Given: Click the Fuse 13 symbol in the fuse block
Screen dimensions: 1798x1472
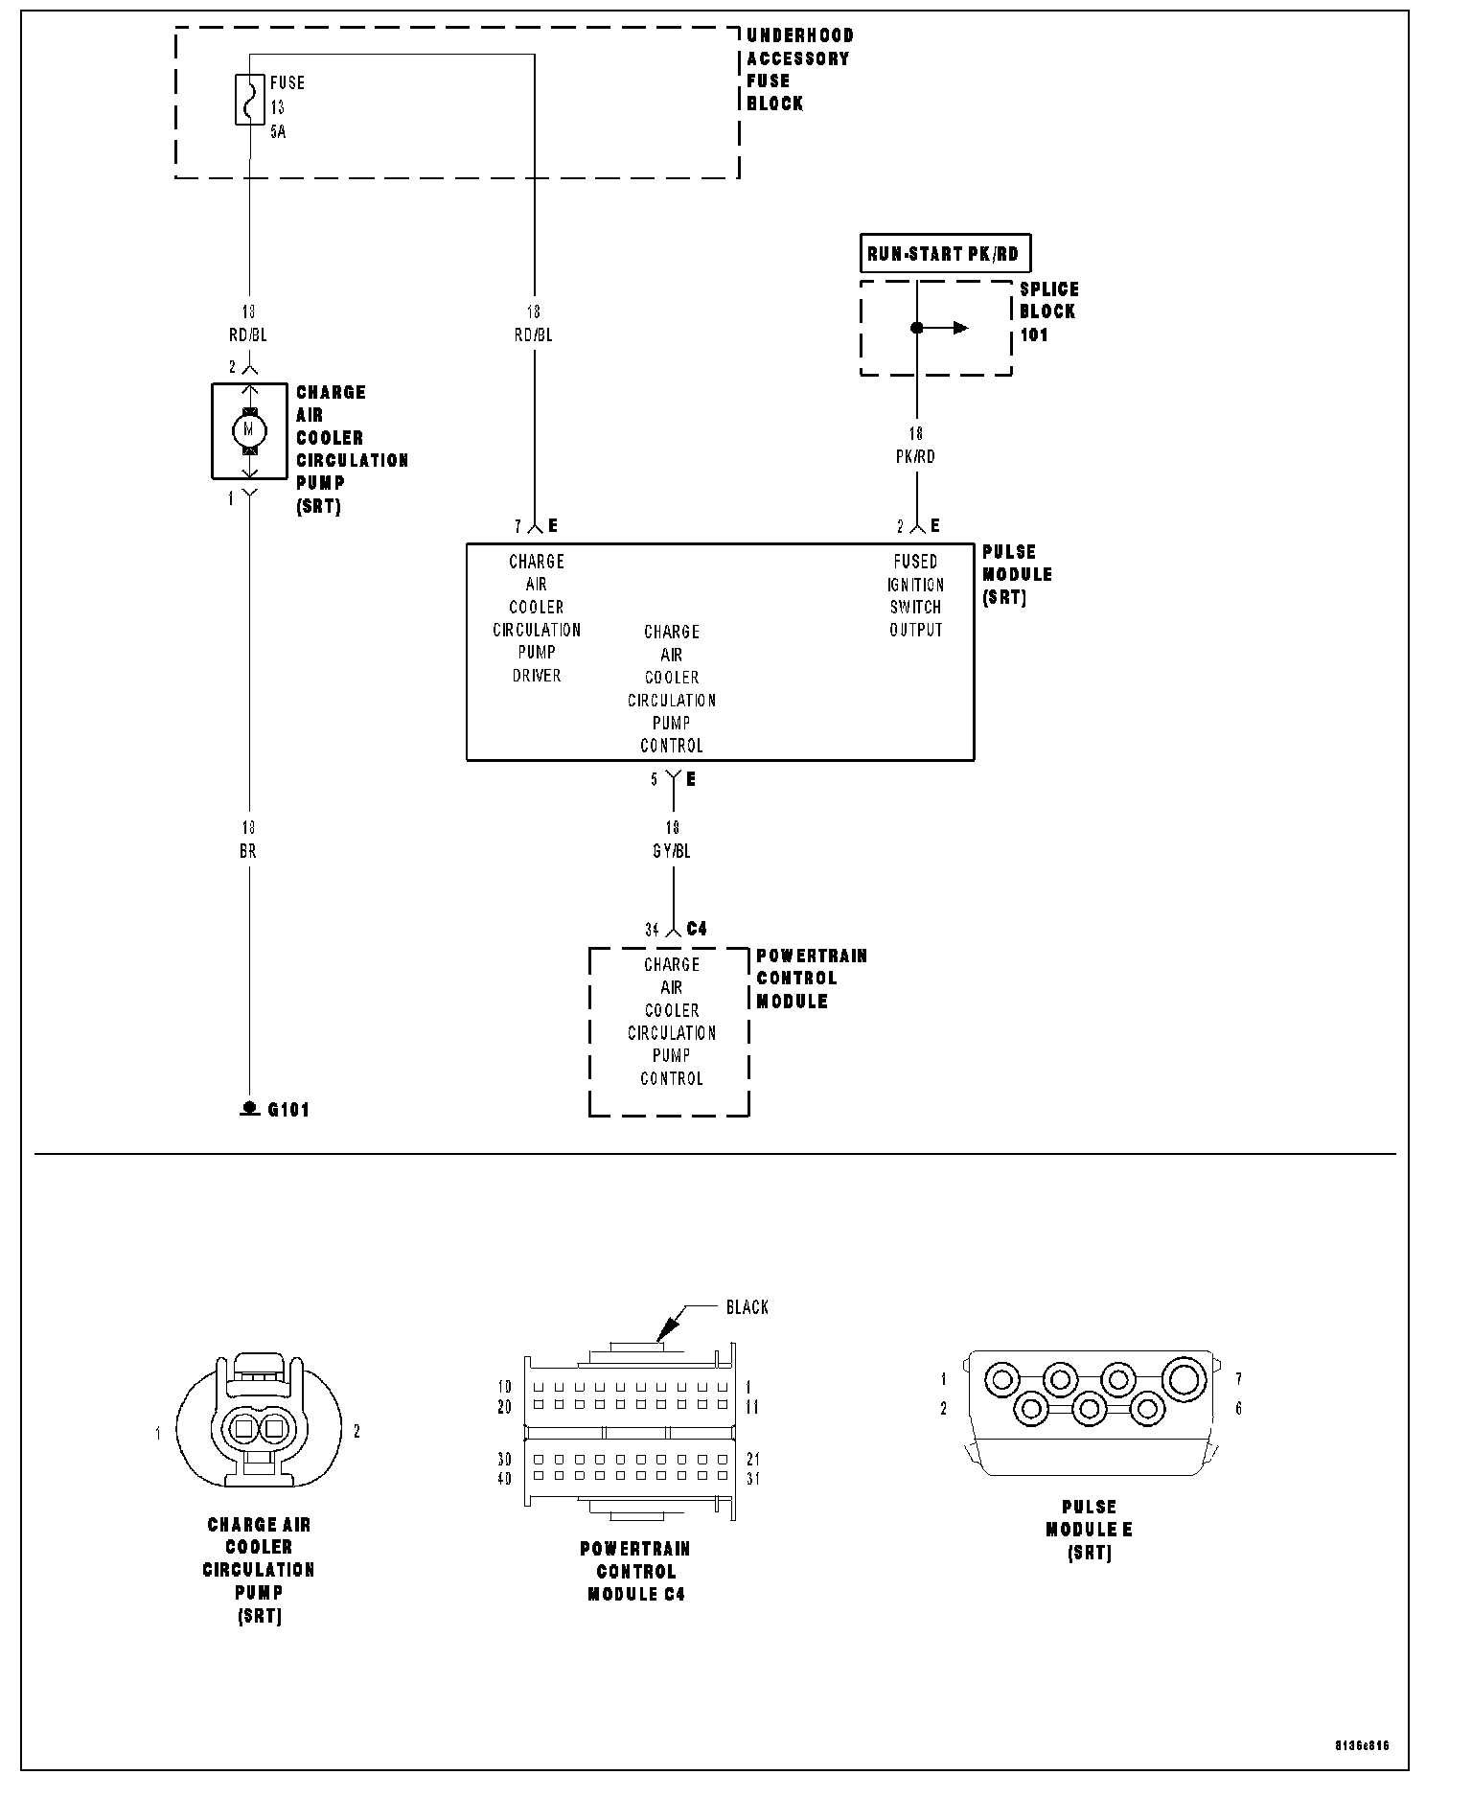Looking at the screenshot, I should click(249, 100).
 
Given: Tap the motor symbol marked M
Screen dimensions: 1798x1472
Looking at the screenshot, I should click(249, 430).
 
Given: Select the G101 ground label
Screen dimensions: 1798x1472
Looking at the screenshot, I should click(287, 1110).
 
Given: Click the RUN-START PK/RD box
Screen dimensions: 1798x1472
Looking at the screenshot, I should click(943, 254).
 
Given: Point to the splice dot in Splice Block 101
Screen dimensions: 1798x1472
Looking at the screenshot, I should click(916, 328).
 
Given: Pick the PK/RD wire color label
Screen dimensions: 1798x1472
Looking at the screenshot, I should click(915, 457).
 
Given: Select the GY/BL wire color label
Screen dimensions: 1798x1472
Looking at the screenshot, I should click(671, 851).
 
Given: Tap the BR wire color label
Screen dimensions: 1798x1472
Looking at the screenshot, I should click(248, 851).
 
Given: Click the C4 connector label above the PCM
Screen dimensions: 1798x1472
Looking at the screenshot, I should click(697, 929).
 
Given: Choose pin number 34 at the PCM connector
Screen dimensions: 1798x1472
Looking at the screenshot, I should click(652, 930).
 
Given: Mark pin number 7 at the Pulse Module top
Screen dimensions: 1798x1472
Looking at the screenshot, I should click(517, 526).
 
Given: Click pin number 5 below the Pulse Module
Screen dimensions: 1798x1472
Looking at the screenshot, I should click(655, 779).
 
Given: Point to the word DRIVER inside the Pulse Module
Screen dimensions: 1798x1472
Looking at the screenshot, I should click(536, 676).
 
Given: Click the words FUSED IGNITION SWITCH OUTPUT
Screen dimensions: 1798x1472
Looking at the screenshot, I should click(915, 595).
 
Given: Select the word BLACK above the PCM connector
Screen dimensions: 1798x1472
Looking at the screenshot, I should click(747, 1307).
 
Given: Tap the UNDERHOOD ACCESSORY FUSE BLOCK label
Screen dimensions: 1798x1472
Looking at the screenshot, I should click(799, 69).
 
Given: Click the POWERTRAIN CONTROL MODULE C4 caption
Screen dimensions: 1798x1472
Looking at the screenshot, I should click(635, 1572).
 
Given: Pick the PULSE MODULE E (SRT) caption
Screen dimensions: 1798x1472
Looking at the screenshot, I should click(1089, 1530).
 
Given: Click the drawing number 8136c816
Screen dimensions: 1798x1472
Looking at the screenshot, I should click(1360, 1745).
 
